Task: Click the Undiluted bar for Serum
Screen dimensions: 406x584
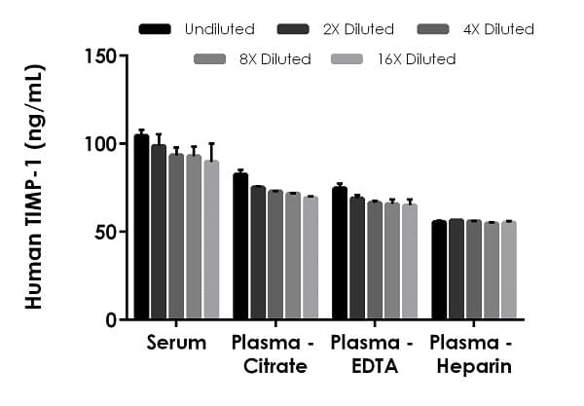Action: click(141, 228)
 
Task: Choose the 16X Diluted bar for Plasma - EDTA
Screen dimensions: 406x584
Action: click(409, 262)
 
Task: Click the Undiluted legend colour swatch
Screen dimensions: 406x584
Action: click(156, 29)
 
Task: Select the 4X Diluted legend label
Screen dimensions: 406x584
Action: click(497, 29)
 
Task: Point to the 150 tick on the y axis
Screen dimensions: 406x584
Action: click(121, 55)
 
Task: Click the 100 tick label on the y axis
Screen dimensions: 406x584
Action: click(101, 144)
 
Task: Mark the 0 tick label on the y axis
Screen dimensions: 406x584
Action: click(110, 320)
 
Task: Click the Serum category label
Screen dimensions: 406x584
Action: click(176, 343)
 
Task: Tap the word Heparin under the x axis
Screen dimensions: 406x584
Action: click(472, 367)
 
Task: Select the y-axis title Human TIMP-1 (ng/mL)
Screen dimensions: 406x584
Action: click(34, 187)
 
